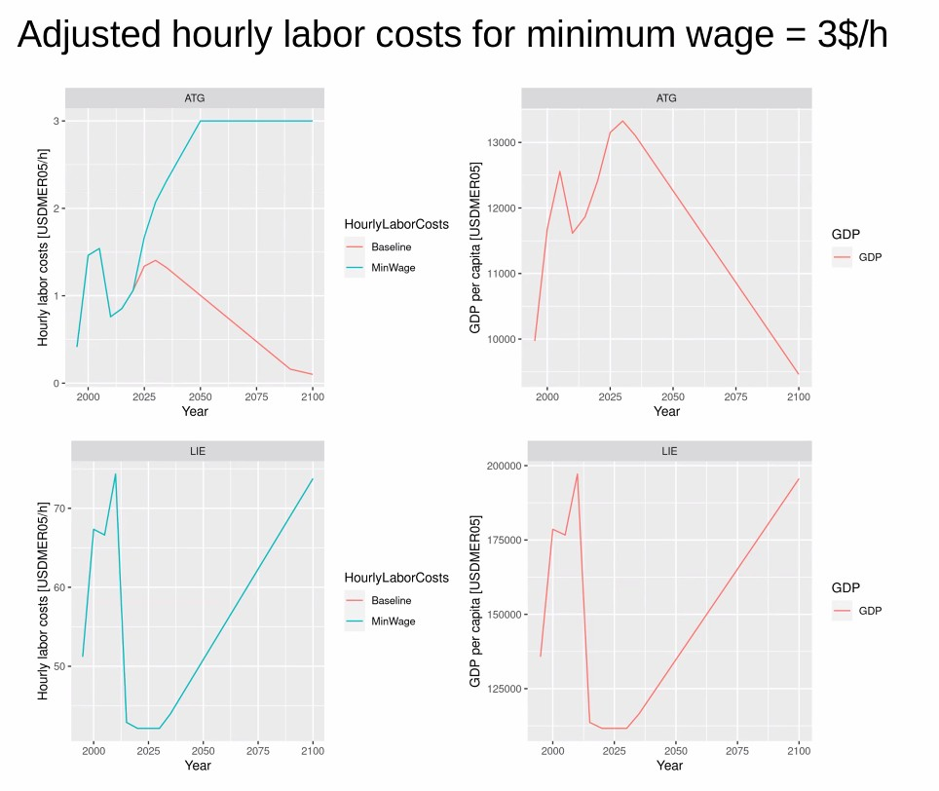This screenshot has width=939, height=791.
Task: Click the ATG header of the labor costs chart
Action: pos(195,97)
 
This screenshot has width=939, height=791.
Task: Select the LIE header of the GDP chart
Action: pos(669,451)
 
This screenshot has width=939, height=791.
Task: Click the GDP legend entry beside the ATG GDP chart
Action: pos(870,257)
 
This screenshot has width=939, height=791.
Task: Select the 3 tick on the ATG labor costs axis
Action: pos(56,121)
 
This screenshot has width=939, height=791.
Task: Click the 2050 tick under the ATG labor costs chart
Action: pos(201,396)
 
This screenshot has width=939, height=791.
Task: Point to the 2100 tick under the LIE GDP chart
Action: pos(799,751)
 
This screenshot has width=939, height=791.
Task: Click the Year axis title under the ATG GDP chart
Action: pos(666,411)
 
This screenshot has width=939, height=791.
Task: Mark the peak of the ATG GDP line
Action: pos(622,122)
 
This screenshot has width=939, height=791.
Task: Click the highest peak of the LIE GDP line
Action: pos(577,473)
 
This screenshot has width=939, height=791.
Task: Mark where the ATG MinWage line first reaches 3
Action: pos(201,121)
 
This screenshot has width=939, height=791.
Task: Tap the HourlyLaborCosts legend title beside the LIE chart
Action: pos(396,578)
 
